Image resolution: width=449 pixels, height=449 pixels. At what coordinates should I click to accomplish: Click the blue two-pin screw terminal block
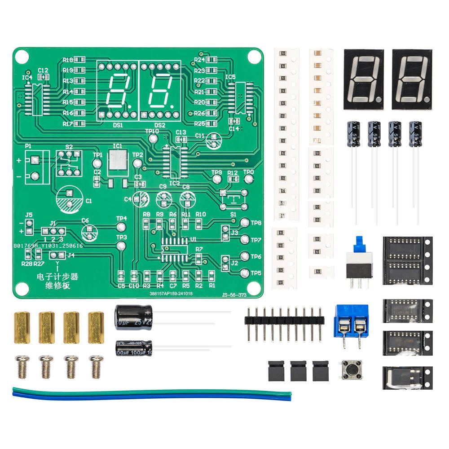[352, 320]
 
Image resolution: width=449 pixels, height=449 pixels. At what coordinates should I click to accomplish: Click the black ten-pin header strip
[284, 320]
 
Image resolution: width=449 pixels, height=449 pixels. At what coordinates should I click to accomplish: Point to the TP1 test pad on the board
[98, 163]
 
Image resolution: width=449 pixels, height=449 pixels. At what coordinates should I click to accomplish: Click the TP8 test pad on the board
[245, 223]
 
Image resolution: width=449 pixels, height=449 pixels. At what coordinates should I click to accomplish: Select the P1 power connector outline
[35, 167]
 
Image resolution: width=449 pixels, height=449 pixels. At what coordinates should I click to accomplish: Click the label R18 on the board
[68, 60]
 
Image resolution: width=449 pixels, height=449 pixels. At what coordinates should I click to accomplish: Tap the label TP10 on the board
[152, 131]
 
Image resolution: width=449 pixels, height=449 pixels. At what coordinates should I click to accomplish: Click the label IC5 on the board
[230, 77]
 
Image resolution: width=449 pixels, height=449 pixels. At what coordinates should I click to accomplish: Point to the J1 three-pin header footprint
[53, 231]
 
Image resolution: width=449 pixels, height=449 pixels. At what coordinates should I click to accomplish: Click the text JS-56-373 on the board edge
[234, 295]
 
